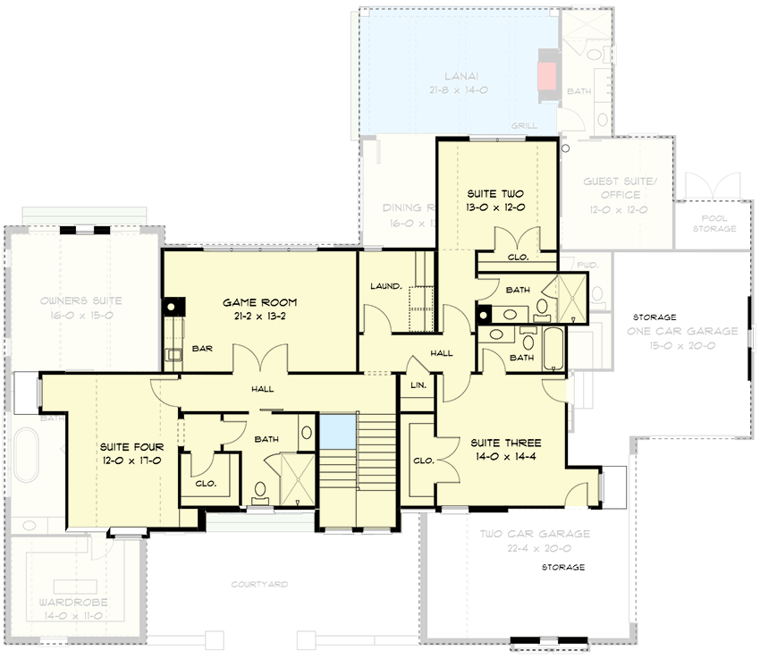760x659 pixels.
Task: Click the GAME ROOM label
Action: pos(259,302)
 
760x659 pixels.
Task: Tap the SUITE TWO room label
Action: pos(495,194)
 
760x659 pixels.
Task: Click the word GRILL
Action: pos(523,126)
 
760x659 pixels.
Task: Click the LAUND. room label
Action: pos(384,286)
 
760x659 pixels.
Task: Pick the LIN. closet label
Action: pos(417,385)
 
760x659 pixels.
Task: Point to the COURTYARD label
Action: pos(259,584)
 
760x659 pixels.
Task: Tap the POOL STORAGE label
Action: pos(714,224)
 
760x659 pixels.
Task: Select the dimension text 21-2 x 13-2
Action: pos(259,316)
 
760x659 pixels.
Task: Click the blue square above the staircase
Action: pos(337,430)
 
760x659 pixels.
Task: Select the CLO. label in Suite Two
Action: pos(518,257)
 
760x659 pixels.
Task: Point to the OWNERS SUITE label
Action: pos(80,300)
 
